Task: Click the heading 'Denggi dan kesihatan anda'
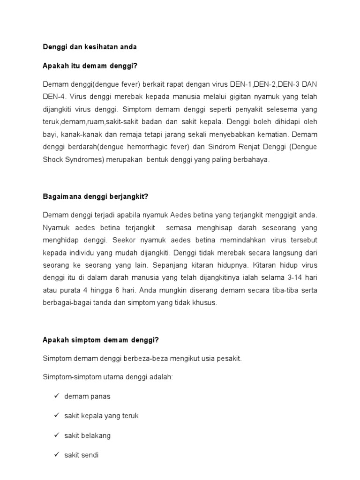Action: pos(90,47)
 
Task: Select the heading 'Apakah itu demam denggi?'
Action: pos(90,66)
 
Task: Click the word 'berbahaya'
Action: pos(254,160)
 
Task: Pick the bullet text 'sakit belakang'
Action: pos(88,435)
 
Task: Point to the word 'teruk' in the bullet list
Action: pos(129,416)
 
